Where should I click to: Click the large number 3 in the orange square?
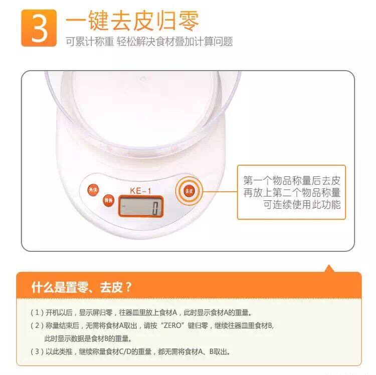(39, 28)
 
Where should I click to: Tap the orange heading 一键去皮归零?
(132, 21)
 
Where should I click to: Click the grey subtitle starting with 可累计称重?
(149, 42)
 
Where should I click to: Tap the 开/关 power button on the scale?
(93, 190)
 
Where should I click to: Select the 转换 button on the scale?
(109, 200)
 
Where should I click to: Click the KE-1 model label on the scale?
(140, 191)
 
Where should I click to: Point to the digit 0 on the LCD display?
(155, 208)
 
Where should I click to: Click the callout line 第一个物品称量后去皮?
(292, 181)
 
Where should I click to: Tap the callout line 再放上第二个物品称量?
(292, 193)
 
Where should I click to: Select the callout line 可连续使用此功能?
(302, 204)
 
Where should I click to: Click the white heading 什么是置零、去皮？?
(82, 287)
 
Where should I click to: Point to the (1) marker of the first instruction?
(37, 312)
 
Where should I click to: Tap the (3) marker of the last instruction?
(37, 351)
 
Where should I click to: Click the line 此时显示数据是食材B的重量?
(88, 338)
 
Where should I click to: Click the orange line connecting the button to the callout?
(220, 192)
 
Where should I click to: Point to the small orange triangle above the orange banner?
(329, 268)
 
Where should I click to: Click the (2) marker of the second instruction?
(37, 325)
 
